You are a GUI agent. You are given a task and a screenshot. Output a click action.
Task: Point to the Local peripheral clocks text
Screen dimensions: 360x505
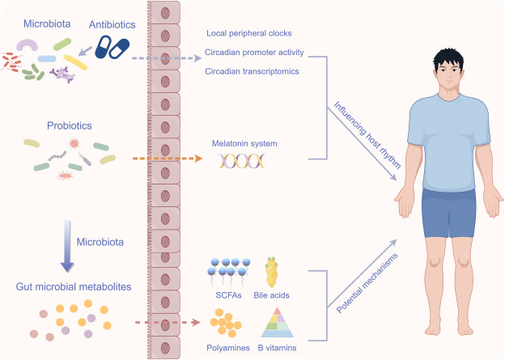tap(248, 33)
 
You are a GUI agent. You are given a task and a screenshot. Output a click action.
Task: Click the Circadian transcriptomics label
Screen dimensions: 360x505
tap(252, 70)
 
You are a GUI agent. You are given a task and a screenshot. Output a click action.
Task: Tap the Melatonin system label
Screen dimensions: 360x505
tap(244, 143)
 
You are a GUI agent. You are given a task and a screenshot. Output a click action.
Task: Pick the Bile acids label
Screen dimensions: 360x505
tap(271, 295)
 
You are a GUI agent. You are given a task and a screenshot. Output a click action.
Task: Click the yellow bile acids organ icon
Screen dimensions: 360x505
tap(272, 272)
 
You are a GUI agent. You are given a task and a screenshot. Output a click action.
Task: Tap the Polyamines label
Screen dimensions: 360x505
tap(229, 348)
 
